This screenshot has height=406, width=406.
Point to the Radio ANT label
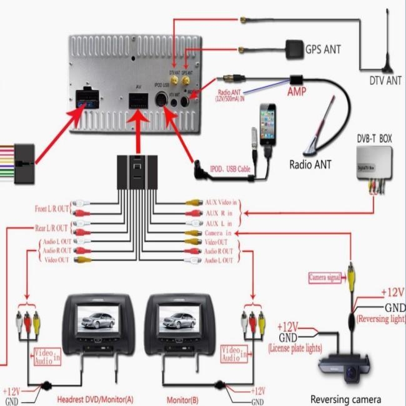click(x=310, y=165)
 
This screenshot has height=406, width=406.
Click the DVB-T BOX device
click(x=373, y=166)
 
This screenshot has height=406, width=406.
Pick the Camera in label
click(x=219, y=232)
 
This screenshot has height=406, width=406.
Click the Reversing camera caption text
click(x=346, y=399)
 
